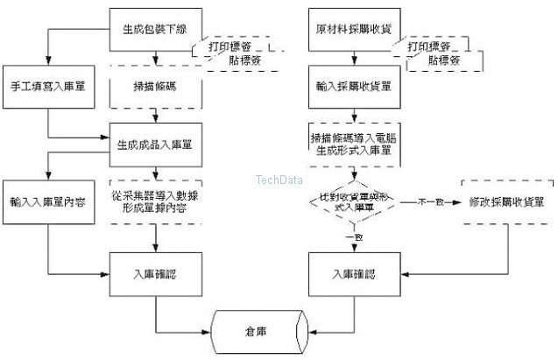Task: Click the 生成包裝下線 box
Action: tap(155, 29)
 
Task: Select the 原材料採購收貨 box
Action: tap(354, 29)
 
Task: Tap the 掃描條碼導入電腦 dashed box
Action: tap(354, 144)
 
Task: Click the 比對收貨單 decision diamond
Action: tap(354, 203)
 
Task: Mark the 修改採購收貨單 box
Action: tap(507, 201)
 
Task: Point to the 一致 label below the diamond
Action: tap(355, 237)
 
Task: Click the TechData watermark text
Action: tap(279, 180)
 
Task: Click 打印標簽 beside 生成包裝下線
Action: tap(229, 44)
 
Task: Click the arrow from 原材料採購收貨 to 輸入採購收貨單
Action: tap(354, 59)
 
